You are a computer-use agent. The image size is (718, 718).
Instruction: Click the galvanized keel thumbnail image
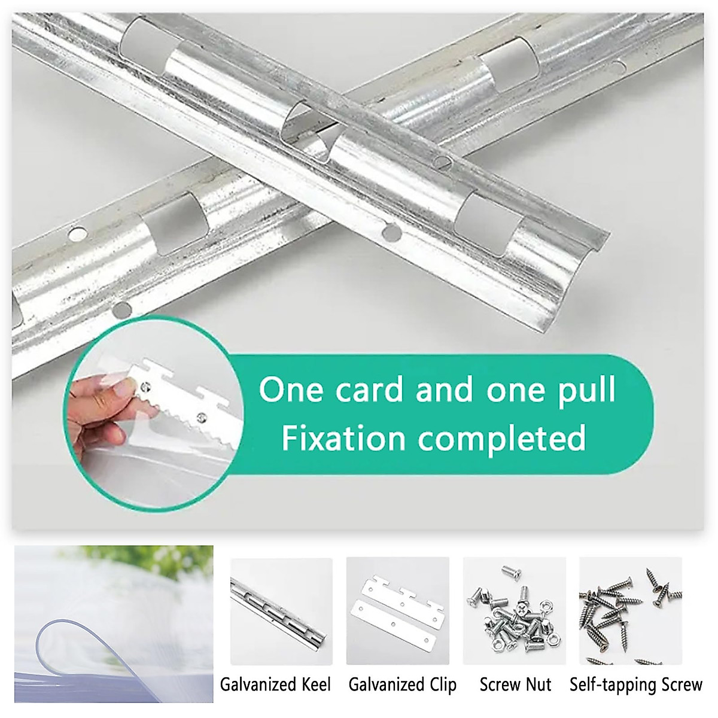pos(281,610)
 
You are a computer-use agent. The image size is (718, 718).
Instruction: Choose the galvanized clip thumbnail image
pos(398,610)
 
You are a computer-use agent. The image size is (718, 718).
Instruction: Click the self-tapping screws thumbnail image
pos(631,610)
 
